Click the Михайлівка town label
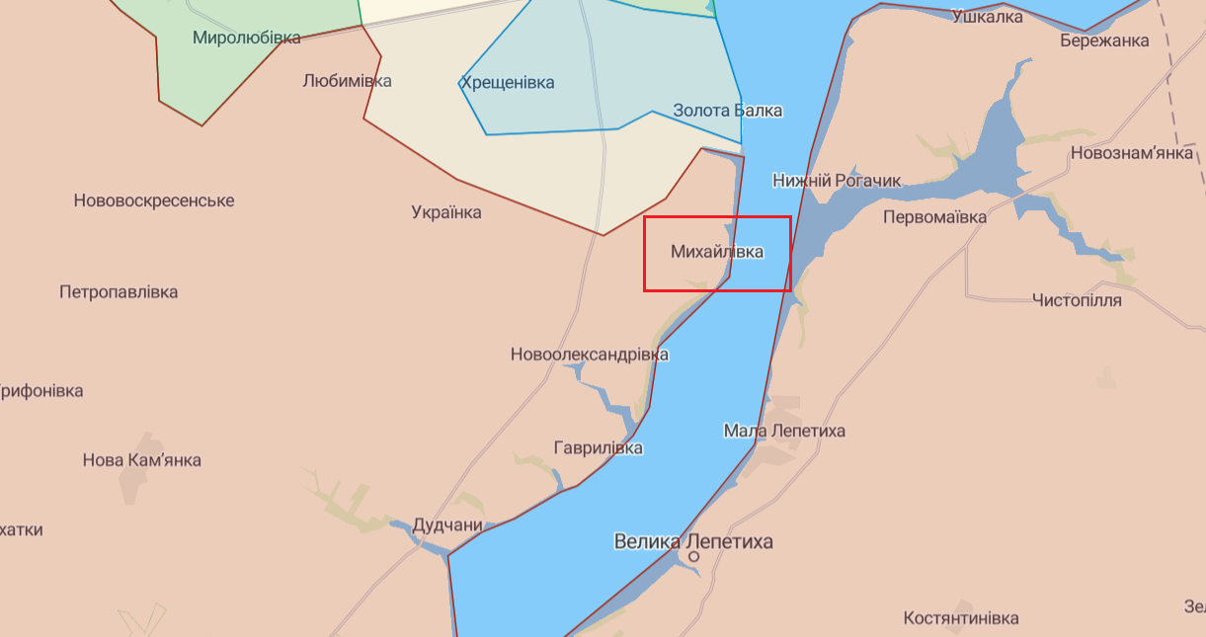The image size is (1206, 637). coord(716,252)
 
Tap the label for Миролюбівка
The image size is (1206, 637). coord(247,38)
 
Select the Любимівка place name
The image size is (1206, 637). coord(347,81)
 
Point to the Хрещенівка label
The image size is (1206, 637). coord(507,83)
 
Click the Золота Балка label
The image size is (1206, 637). coord(727,111)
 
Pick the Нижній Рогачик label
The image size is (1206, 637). coord(837,180)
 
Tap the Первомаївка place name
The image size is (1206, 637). coord(934,216)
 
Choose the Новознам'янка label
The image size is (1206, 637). coord(1132,153)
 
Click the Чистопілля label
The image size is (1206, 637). coord(1077,300)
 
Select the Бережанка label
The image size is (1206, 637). coord(1104,40)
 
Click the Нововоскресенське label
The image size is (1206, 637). coord(154,200)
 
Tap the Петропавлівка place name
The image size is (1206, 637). coord(119,292)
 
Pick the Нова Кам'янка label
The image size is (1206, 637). coord(141,460)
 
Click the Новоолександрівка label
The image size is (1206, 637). coord(589,355)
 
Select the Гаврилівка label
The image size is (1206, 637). coord(599,448)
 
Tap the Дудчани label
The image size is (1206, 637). coord(447,525)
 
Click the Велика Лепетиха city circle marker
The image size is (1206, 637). coord(693,557)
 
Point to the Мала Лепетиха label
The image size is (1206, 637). coord(784,431)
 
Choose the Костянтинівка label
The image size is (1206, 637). coord(960,618)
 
